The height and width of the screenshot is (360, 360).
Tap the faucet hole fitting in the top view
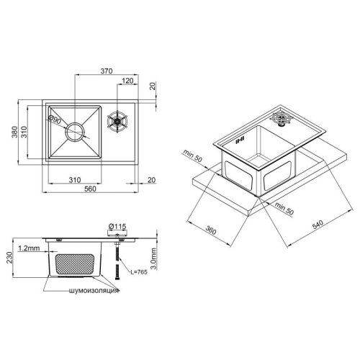pos(116,122)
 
